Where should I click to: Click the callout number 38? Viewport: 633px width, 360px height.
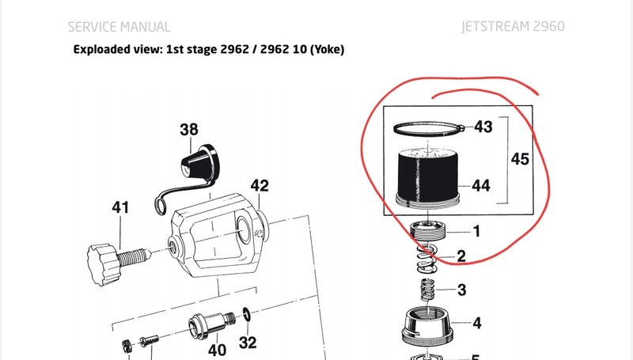tap(189, 130)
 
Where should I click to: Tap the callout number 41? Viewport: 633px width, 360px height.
tap(120, 207)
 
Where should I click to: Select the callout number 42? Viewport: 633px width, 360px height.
tap(260, 186)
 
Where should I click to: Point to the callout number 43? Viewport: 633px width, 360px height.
tap(483, 127)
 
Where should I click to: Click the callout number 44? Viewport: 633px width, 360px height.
tap(481, 186)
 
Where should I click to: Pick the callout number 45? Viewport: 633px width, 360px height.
tap(520, 159)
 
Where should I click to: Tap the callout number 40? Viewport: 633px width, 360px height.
tap(217, 350)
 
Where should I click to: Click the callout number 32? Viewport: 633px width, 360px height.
tap(248, 343)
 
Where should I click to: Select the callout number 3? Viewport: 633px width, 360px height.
tap(462, 290)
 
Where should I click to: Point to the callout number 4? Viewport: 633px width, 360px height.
tap(477, 323)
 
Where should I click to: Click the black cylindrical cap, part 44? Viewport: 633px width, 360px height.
tap(428, 177)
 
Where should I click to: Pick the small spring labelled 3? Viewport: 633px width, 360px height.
tap(427, 290)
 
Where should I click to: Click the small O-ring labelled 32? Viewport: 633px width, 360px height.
tap(247, 314)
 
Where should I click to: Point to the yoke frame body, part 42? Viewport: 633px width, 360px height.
tap(218, 235)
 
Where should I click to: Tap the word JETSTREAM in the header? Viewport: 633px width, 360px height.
tap(496, 27)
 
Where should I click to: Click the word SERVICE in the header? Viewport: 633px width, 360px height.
tap(92, 27)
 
